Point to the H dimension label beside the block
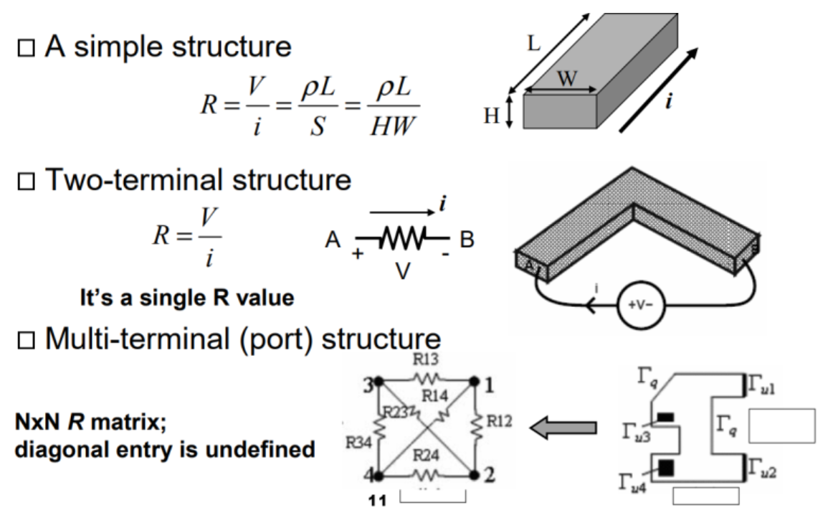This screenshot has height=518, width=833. tap(492, 116)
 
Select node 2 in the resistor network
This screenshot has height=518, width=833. tap(473, 474)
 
